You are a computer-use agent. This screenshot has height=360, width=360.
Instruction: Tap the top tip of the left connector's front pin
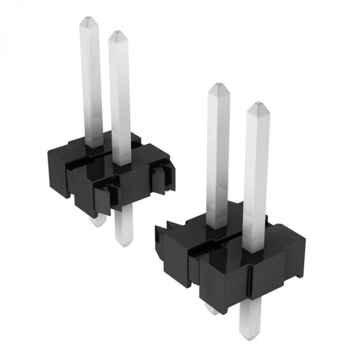coord(118,34)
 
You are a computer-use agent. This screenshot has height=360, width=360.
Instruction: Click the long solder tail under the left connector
coord(123,226)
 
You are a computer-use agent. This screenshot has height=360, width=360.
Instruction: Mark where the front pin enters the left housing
coord(121,163)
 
